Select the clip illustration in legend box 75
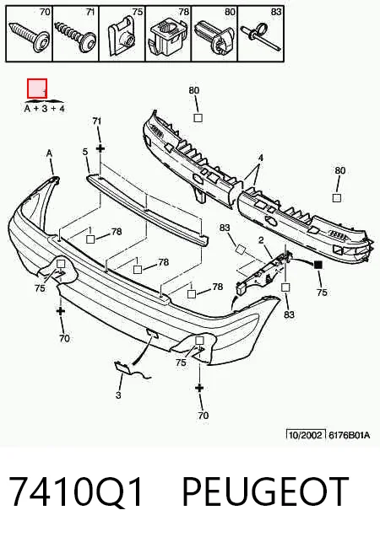122,37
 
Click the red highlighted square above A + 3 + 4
37,89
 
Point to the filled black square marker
318,265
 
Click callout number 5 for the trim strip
85,152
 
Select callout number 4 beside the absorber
261,158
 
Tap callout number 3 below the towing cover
118,395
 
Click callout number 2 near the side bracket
261,240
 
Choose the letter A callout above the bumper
49,153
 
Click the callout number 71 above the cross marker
97,121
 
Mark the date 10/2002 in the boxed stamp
306,435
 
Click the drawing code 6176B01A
349,435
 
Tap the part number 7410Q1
75,491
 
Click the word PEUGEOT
265,491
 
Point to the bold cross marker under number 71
100,148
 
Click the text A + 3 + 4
44,109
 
